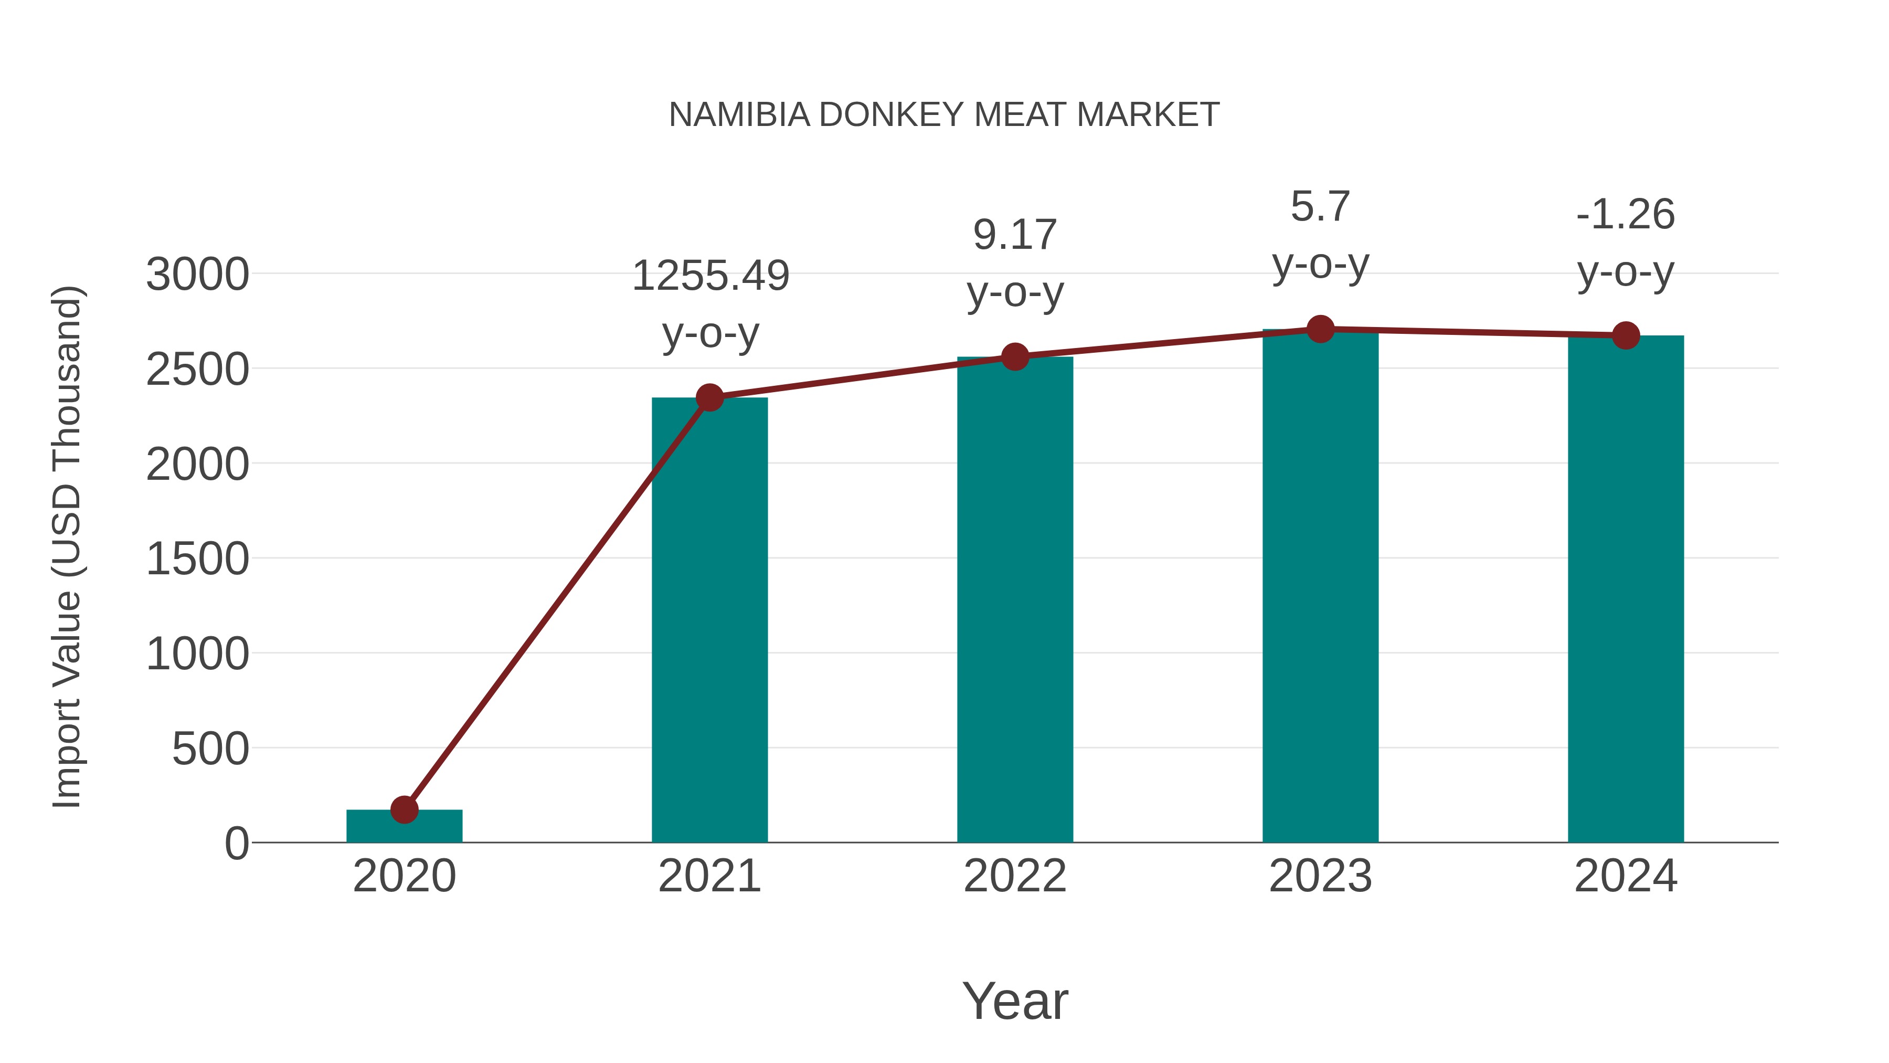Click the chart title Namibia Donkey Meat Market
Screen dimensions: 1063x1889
pos(944,115)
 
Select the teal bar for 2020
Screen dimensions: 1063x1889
pos(404,827)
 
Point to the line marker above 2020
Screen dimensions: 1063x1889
pos(404,810)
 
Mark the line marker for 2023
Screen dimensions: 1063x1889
pos(1320,329)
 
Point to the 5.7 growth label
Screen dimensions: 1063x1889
pos(1320,207)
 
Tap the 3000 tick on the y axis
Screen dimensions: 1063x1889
pos(197,275)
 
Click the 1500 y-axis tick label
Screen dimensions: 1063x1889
pos(197,559)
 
